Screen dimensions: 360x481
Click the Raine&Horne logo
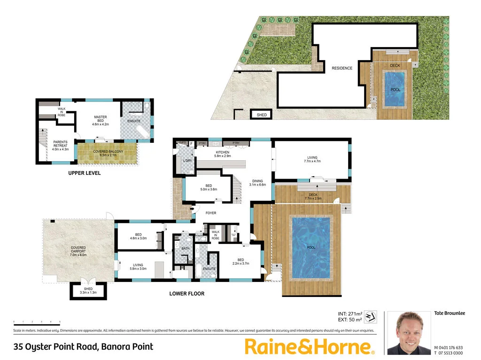tap(310, 347)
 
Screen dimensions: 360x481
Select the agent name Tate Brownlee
tap(450, 313)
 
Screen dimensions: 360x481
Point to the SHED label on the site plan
tap(262, 115)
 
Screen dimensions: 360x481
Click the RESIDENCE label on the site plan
tap(342, 69)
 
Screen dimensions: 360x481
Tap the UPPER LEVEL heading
tap(84, 173)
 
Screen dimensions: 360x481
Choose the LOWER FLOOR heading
tap(187, 294)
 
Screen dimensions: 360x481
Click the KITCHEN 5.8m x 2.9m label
tap(222, 155)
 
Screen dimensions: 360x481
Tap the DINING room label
tap(257, 182)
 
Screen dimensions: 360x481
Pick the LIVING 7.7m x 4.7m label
tap(312, 159)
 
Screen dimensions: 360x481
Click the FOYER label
tap(211, 213)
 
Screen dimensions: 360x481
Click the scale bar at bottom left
tap(37, 322)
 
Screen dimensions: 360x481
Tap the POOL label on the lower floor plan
tap(311, 247)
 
